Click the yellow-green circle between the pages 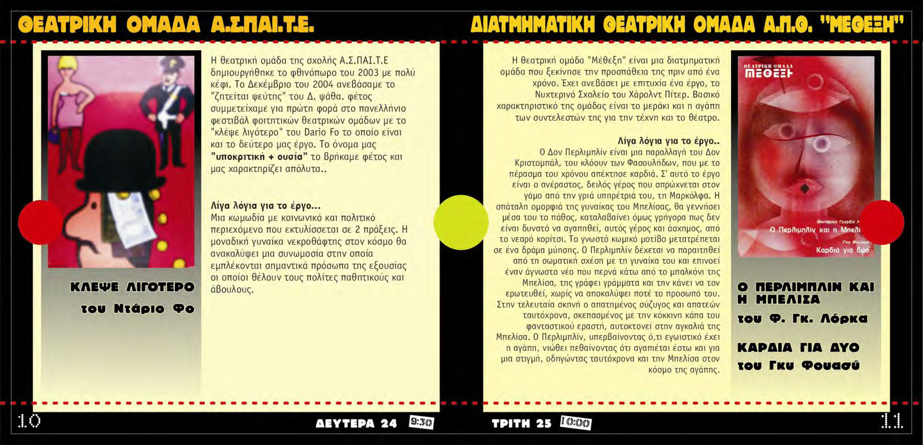[461, 222]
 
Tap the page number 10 [29, 421]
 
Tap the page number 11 [892, 422]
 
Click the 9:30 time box [421, 422]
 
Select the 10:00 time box [576, 423]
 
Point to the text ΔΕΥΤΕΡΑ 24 [357, 423]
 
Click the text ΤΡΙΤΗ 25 [521, 423]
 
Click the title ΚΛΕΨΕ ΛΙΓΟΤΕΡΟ [132, 287]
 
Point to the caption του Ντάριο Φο [137, 308]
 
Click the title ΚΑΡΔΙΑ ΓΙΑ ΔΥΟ [798, 347]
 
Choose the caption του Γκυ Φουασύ [798, 365]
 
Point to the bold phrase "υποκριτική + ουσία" [258, 156]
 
